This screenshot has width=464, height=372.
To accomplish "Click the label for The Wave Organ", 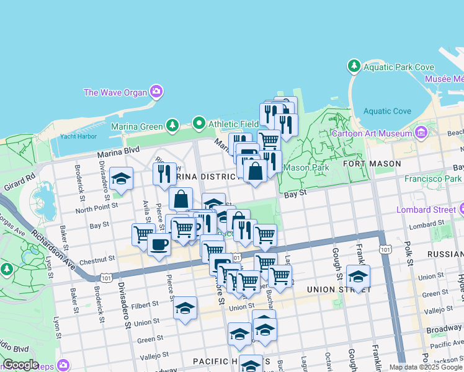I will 115,92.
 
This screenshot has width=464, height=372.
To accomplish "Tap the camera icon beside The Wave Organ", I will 156,92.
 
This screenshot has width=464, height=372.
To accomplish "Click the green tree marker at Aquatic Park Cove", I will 354,65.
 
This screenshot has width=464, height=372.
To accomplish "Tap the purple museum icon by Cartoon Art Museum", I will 422,133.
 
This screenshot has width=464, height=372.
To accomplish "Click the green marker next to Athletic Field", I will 199,123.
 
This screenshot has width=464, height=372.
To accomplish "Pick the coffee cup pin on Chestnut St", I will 159,244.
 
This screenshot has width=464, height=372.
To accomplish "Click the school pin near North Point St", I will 122,179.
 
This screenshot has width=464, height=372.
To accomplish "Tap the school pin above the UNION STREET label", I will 358,276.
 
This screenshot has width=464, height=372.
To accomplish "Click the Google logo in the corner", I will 20,365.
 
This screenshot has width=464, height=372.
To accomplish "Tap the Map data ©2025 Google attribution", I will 426,367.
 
